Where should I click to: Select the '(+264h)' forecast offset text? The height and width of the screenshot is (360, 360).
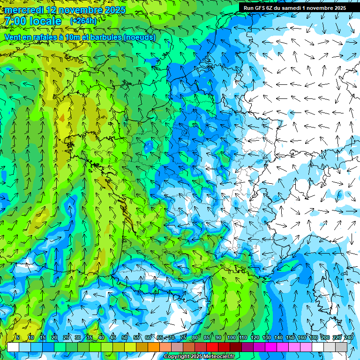pyautogui.click(x=84, y=21)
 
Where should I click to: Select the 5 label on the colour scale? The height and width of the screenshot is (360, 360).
pyautogui.click(x=17, y=337)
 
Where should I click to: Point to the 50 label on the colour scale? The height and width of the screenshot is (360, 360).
pyautogui.click(x=124, y=337)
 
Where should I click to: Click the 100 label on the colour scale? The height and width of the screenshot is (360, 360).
pyautogui.click(x=231, y=337)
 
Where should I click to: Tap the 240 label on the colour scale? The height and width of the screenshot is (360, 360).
pyautogui.click(x=348, y=337)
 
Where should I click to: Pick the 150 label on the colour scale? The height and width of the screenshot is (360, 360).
pyautogui.click(x=290, y=337)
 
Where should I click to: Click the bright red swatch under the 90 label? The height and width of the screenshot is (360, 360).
pyautogui.click(x=212, y=347)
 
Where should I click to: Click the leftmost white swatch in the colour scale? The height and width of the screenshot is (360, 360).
pyautogui.click(x=13, y=347)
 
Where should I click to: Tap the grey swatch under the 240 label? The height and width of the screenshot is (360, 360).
pyautogui.click(x=341, y=347)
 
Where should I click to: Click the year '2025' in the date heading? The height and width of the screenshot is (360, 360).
pyautogui.click(x=115, y=10)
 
